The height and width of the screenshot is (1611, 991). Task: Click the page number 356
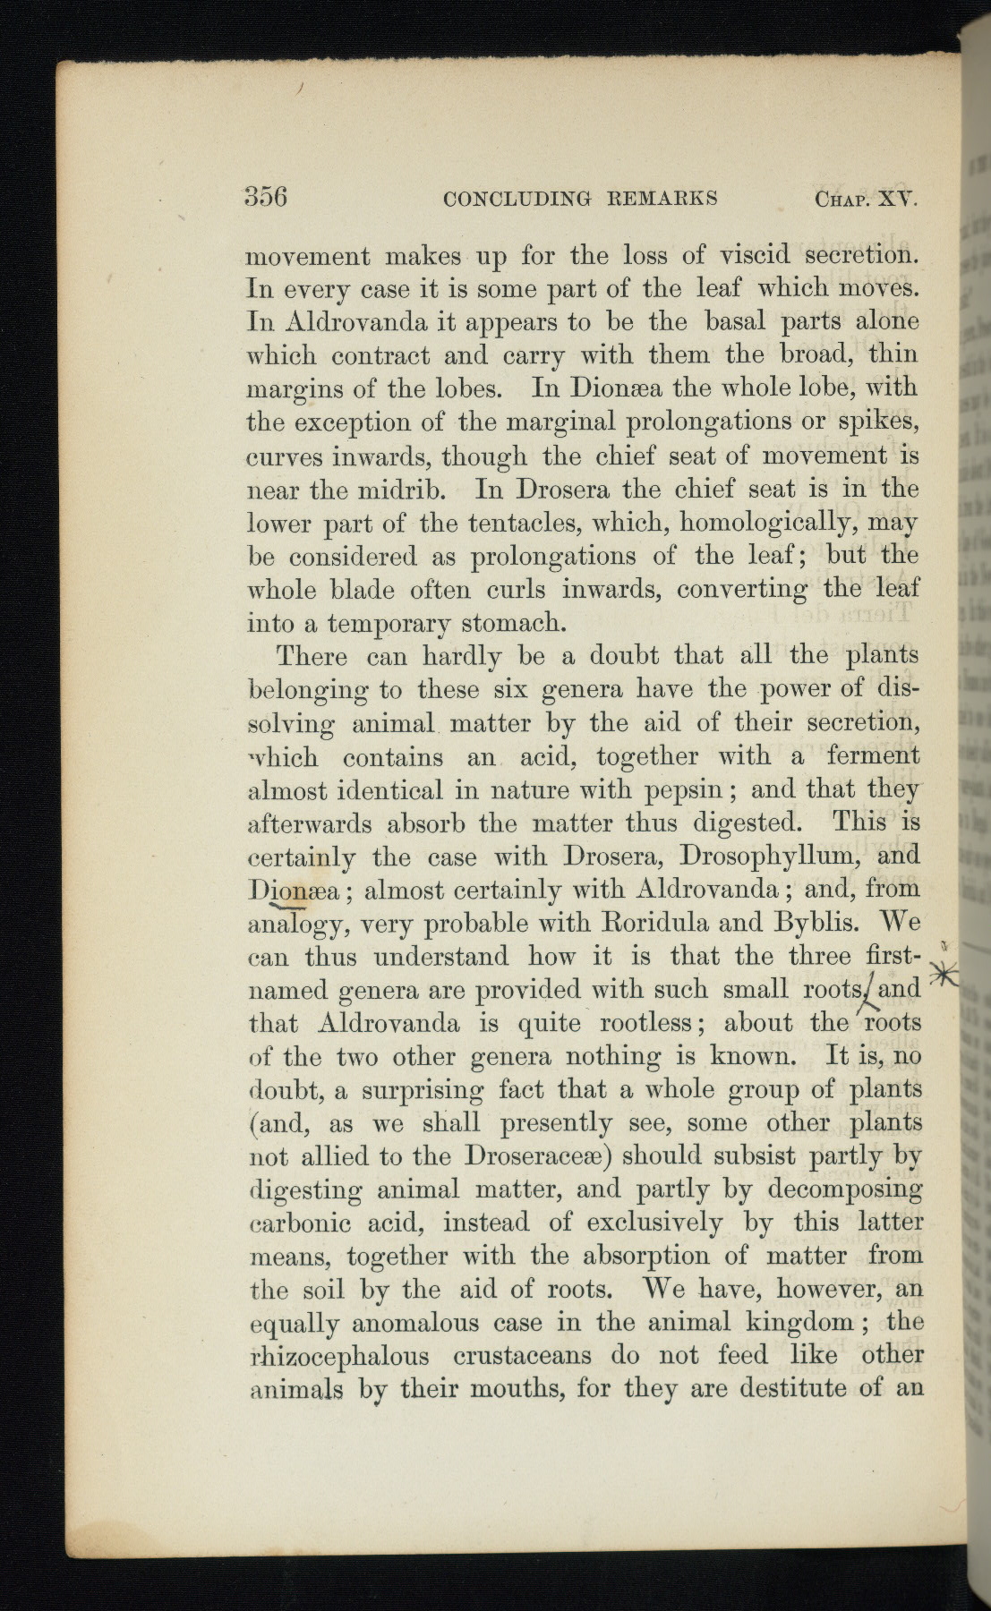(x=266, y=196)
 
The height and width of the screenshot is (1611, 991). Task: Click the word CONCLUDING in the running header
(x=509, y=198)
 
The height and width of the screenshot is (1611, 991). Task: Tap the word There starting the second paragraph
(x=312, y=656)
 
